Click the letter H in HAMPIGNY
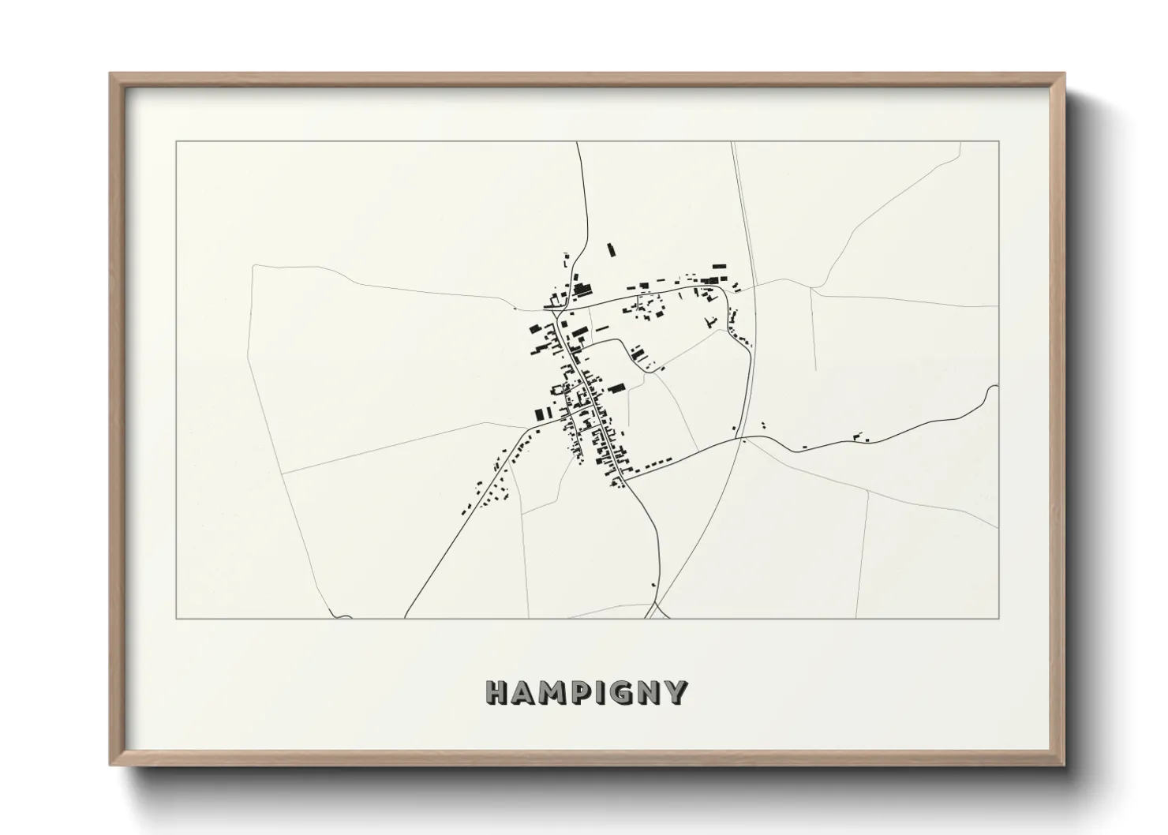click(496, 693)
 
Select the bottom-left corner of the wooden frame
click(111, 764)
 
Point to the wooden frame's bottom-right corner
click(1064, 764)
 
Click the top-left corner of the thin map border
click(176, 142)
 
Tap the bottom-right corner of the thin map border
click(999, 618)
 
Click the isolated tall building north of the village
click(609, 250)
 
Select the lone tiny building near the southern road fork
click(653, 584)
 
